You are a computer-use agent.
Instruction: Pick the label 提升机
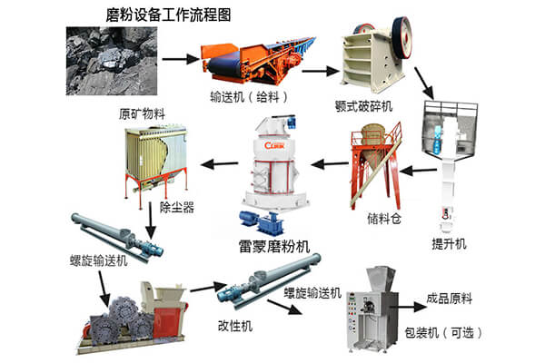click(448, 244)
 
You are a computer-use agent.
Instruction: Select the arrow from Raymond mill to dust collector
click(216, 165)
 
